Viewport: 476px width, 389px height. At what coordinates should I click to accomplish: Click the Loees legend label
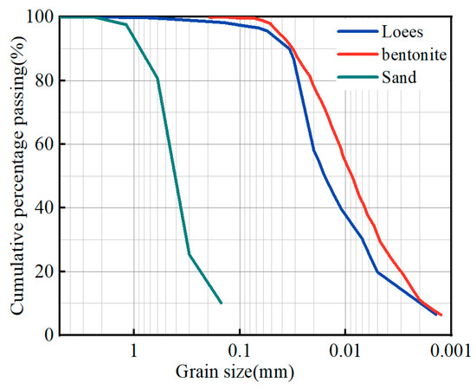point(402,32)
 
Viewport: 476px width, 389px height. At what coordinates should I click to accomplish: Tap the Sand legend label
point(399,78)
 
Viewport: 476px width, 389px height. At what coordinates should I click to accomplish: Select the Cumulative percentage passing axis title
point(16,175)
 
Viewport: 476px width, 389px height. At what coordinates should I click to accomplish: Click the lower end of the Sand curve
point(222,303)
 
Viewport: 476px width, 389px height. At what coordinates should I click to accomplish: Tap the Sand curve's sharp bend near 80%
point(158,79)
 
